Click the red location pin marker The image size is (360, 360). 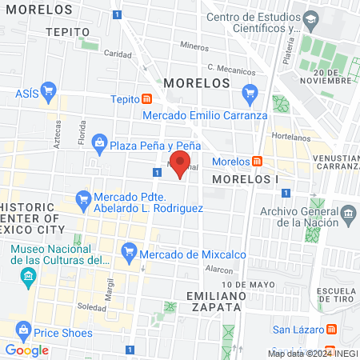coord(181,163)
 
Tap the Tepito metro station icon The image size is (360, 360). coord(147,99)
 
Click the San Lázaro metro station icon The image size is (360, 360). coord(331,330)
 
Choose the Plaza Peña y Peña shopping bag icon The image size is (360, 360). coord(99,144)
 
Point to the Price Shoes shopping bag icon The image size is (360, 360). coord(23,331)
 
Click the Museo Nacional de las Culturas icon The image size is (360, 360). coord(29,277)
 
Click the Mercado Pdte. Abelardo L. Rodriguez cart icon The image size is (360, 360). coord(82,197)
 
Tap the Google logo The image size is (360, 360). coord(26,350)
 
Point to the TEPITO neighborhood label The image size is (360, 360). coord(66,32)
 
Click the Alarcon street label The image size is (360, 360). coord(218,270)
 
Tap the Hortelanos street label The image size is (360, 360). coord(286,136)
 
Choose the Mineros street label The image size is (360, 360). coord(194,46)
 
